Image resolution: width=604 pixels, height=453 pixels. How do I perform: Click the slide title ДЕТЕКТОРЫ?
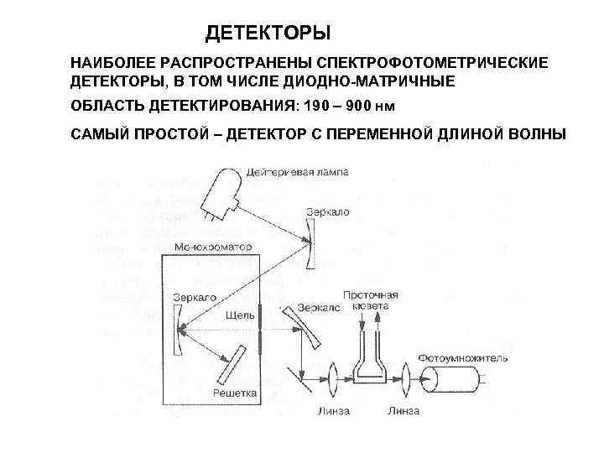tap(269, 34)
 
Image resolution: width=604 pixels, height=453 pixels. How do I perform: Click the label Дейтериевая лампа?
tap(297, 172)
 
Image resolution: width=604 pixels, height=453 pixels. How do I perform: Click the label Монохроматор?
tap(207, 247)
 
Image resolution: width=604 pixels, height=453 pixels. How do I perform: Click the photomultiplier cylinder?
tap(452, 382)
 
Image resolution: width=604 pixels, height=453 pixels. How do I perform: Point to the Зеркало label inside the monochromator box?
tap(194, 298)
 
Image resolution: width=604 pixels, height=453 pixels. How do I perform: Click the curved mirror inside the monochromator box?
tap(177, 330)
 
